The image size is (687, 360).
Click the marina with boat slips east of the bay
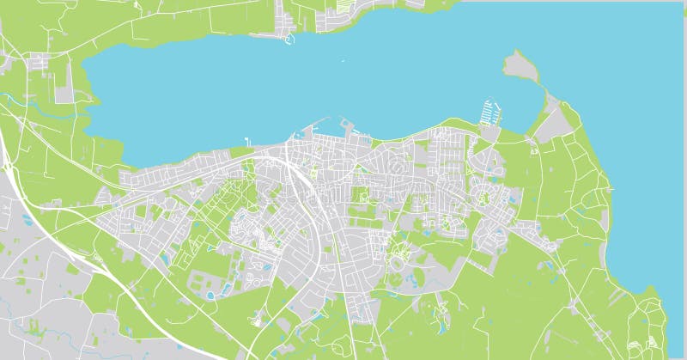[x=489, y=113]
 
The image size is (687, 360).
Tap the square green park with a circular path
[x=361, y=197]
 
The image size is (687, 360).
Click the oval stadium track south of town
[x=397, y=280]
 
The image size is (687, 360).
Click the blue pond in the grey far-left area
[x=28, y=221]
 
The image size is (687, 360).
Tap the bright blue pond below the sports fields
[x=211, y=296]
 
